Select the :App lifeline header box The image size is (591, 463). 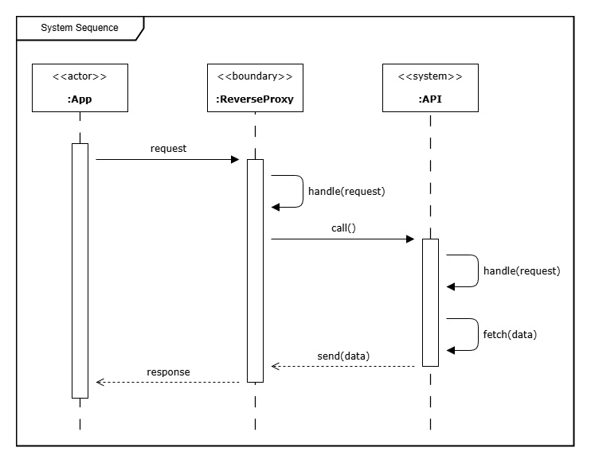coord(80,88)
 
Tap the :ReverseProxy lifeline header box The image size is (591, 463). coord(255,88)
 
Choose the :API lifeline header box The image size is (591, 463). coord(430,88)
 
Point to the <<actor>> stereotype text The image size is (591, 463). coord(80,76)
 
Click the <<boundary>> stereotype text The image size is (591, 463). coord(255,76)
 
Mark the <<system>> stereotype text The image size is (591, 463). coord(430,76)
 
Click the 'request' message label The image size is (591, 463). coord(168,148)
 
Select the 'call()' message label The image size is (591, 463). coord(343,228)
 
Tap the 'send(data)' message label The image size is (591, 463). coord(343,355)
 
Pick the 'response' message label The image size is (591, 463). coord(168,372)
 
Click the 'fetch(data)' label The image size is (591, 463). coord(510,334)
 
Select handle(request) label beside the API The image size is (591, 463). coord(522,270)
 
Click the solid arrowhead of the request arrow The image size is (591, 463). coord(234,159)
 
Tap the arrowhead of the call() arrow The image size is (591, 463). coord(409,239)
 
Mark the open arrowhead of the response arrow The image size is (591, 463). coord(100,382)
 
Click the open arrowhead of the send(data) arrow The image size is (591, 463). coord(276,366)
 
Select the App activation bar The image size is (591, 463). coord(80,270)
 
